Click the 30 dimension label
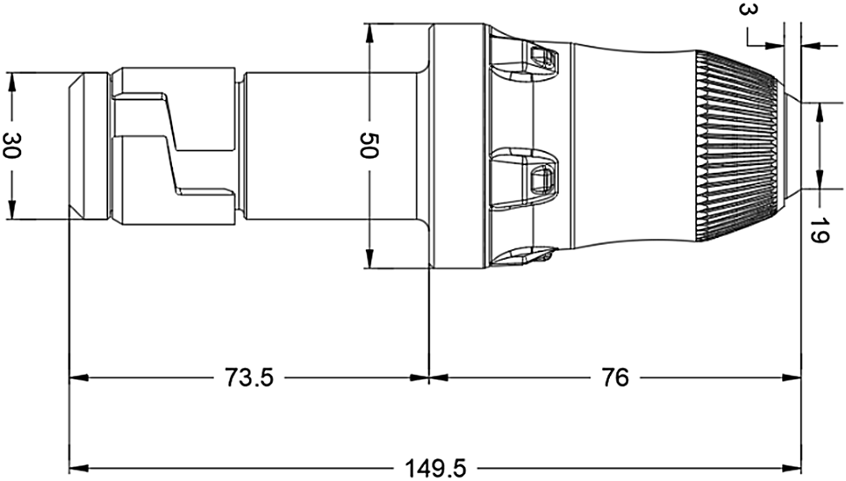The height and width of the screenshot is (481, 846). coord(12,146)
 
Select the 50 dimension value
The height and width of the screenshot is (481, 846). coord(369,147)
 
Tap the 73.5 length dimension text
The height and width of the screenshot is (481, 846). coord(248,378)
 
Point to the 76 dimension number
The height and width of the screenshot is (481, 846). coord(616,378)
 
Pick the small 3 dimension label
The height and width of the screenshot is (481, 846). coord(746,11)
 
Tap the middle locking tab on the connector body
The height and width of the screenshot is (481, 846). coord(525,176)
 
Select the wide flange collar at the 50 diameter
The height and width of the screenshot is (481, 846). coord(456,146)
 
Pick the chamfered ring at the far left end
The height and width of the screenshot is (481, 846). coord(88,146)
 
